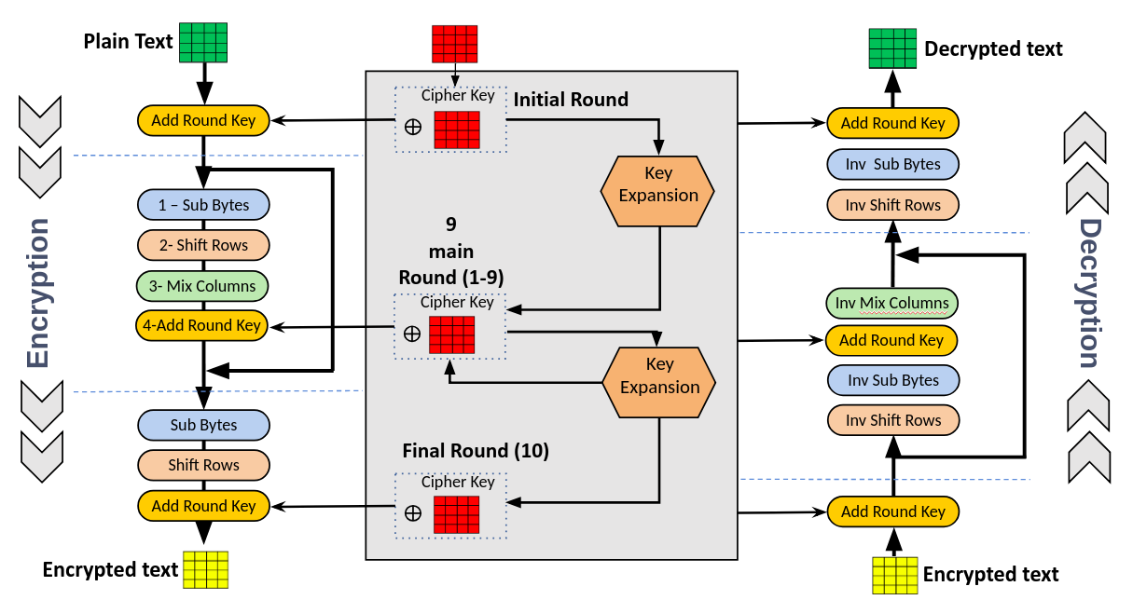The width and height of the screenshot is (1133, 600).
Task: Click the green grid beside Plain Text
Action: [x=203, y=41]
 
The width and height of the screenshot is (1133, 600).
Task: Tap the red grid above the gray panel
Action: [x=454, y=44]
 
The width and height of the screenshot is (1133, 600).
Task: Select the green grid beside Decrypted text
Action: [x=893, y=48]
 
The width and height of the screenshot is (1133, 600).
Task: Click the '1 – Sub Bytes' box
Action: [x=203, y=205]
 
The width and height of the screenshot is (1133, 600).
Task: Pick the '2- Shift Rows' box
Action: [x=203, y=245]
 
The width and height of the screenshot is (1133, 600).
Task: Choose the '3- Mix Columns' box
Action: [x=203, y=286]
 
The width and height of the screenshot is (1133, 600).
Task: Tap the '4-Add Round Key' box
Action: [x=203, y=325]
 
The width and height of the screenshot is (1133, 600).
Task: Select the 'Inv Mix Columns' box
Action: [x=891, y=303]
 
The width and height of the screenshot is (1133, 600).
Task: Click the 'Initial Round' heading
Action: [x=571, y=99]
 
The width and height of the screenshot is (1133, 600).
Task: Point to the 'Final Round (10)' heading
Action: [x=476, y=451]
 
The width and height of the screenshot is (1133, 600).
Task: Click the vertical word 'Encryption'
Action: [x=37, y=293]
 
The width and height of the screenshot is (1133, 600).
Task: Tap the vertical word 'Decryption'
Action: [x=1088, y=293]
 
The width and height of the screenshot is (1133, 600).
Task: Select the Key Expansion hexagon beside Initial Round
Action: [x=658, y=191]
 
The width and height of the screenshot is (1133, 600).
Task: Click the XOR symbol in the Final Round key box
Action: [x=412, y=513]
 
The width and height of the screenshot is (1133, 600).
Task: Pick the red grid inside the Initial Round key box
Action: [x=457, y=130]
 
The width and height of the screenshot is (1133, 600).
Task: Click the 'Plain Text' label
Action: [x=128, y=42]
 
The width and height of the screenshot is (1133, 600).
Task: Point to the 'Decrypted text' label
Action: [x=993, y=48]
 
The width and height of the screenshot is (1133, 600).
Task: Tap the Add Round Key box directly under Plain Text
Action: [x=203, y=120]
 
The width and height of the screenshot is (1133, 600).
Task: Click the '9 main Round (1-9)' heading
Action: [x=451, y=251]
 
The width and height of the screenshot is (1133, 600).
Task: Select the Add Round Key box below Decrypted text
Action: [x=892, y=123]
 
